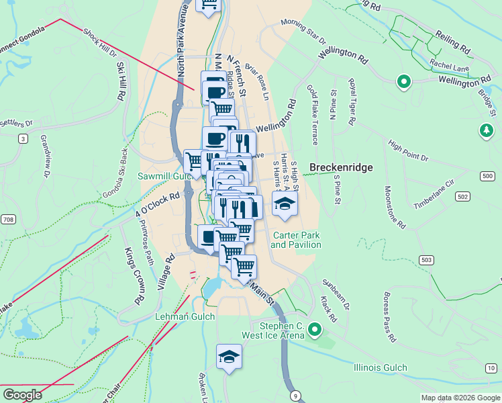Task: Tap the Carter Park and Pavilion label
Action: click(295, 240)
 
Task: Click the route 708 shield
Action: click(8, 220)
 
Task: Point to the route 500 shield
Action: click(488, 176)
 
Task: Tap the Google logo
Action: click(22, 394)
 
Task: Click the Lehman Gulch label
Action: click(185, 316)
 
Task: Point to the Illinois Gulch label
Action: click(381, 367)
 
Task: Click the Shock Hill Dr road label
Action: click(100, 42)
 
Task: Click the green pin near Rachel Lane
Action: click(403, 82)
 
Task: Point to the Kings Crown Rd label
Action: click(134, 275)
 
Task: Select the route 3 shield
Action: click(23, 138)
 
